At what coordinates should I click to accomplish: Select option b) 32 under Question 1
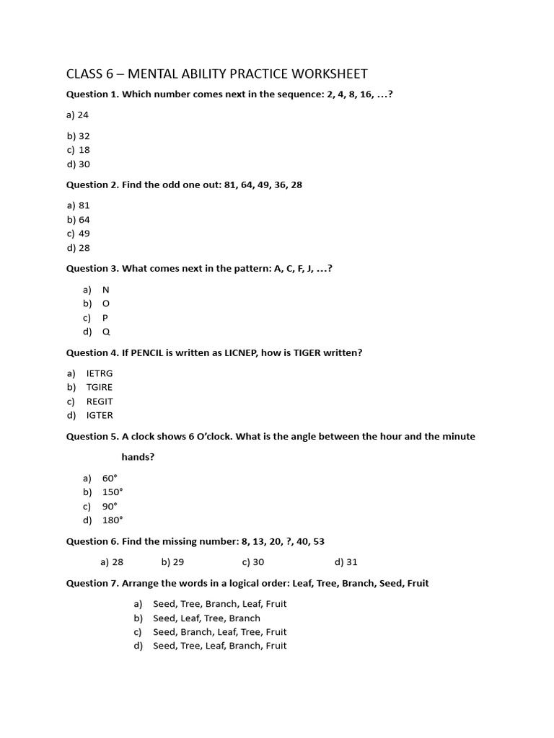point(79,135)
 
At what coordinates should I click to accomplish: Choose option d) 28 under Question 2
point(79,247)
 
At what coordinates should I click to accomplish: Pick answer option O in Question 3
point(106,303)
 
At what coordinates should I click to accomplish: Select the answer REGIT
point(100,401)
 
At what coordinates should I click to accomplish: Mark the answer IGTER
point(100,415)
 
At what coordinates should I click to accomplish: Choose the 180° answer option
point(113,520)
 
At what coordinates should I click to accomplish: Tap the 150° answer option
point(113,492)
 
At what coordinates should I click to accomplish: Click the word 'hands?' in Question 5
point(138,457)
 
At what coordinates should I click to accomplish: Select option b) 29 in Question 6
point(173,561)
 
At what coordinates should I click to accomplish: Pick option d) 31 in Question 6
point(346,561)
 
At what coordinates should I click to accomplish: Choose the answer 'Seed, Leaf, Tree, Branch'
point(206,618)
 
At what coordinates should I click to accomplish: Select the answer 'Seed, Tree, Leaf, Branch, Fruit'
point(219,645)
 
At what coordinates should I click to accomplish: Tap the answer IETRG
point(100,373)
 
